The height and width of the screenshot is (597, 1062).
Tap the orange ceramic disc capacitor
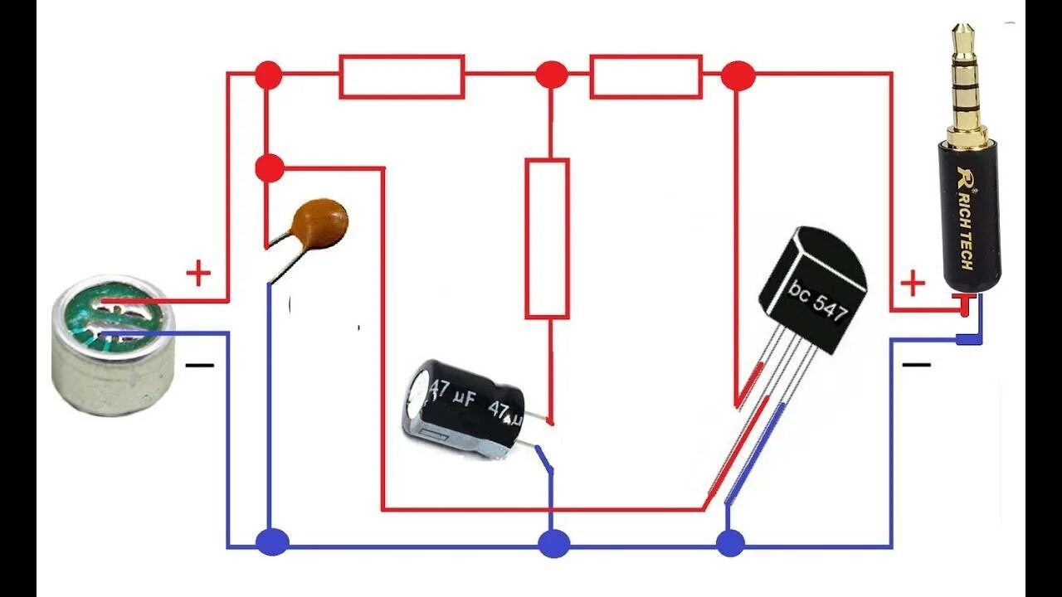[322, 223]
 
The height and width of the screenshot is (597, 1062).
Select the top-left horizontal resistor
[402, 76]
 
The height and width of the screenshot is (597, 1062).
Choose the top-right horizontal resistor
[646, 76]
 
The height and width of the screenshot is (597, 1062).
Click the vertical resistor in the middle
[547, 239]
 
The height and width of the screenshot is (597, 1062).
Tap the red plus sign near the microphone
[197, 273]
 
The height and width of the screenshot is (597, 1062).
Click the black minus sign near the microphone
[199, 364]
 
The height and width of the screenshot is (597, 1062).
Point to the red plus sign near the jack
[912, 284]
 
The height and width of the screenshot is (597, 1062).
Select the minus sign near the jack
[916, 364]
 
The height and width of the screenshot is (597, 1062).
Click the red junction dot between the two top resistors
[551, 75]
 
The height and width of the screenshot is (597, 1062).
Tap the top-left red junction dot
[268, 75]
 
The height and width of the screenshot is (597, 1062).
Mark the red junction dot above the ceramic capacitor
[269, 168]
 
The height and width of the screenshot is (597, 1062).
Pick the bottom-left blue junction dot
[271, 542]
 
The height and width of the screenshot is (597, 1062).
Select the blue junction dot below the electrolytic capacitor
[553, 544]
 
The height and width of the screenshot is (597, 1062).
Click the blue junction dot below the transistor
[730, 543]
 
